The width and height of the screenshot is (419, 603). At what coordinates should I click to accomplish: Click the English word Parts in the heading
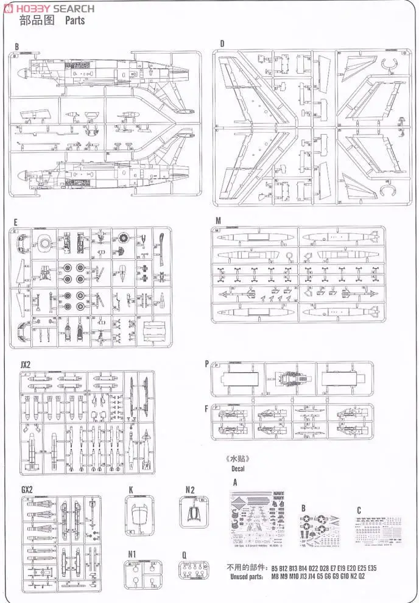pyautogui.click(x=72, y=21)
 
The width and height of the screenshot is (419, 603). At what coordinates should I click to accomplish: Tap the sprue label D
pyautogui.click(x=222, y=43)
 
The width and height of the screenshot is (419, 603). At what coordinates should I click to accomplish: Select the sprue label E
pyautogui.click(x=15, y=222)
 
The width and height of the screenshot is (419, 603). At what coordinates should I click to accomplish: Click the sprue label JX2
pyautogui.click(x=25, y=364)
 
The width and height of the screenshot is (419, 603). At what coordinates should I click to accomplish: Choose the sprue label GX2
pyautogui.click(x=26, y=490)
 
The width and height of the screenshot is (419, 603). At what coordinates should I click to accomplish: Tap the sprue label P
pyautogui.click(x=206, y=364)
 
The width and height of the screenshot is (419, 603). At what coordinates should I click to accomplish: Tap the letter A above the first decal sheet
pyautogui.click(x=235, y=482)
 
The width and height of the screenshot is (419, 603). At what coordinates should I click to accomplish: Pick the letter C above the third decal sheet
pyautogui.click(x=359, y=510)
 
